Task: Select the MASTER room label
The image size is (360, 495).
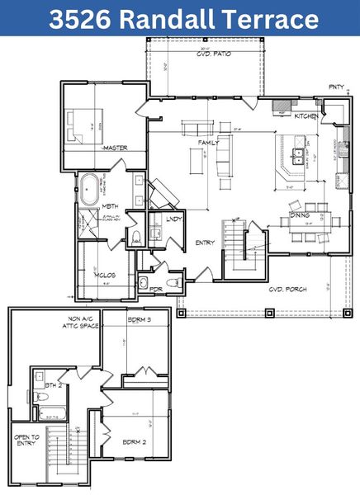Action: click(115, 148)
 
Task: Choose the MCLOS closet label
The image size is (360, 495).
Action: click(104, 275)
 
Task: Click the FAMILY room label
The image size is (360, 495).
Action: click(207, 143)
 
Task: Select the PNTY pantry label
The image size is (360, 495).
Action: click(336, 86)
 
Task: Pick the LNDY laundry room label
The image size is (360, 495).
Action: click(173, 219)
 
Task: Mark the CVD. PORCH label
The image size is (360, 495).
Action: click(288, 290)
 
